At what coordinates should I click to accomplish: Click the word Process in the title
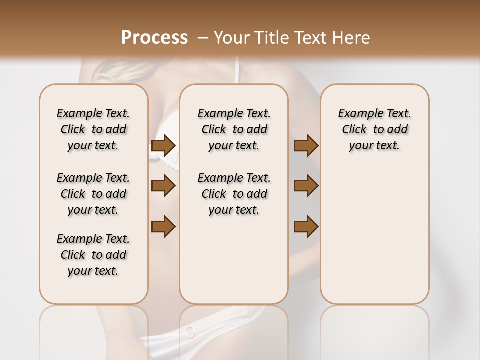tap(154, 38)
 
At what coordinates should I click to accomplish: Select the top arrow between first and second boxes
tap(163, 145)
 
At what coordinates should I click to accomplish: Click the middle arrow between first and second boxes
tap(163, 186)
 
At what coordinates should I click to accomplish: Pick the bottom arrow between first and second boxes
tap(163, 226)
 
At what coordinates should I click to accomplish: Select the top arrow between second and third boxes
tap(306, 145)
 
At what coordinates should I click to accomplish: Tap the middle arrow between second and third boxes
tap(306, 186)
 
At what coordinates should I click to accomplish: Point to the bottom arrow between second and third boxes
tap(306, 226)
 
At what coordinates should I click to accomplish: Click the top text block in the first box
tap(93, 129)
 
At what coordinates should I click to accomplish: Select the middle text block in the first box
tap(93, 194)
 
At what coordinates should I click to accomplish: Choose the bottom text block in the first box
tap(93, 255)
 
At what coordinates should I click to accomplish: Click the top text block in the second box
tap(234, 129)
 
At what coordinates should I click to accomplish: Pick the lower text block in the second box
tap(234, 194)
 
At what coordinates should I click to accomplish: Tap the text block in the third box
tap(374, 129)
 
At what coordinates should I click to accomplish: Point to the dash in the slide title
tap(203, 38)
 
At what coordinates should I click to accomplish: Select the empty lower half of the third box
tap(374, 235)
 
